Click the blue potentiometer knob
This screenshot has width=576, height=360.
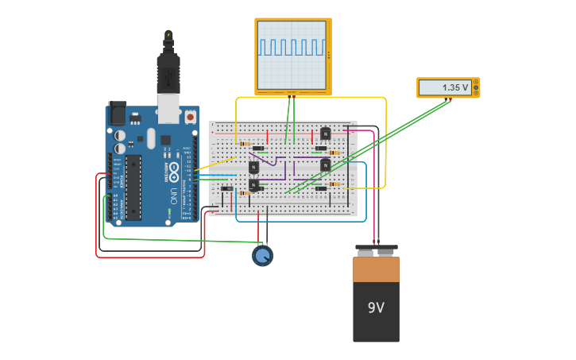262,256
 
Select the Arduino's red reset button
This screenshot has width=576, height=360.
190,117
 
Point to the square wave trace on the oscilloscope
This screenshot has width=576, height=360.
291,48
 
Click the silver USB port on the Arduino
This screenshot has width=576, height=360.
168,107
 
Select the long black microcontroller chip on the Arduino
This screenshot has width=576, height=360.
133,187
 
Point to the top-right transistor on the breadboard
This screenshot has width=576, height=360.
325,134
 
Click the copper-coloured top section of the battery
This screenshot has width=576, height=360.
376,269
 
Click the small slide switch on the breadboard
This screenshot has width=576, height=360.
227,188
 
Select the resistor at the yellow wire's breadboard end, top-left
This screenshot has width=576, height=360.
244,144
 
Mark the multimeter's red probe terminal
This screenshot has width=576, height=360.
450,99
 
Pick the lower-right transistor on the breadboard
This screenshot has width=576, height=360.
325,165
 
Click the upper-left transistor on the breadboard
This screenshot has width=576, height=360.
253,167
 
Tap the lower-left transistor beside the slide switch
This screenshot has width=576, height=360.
253,184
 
